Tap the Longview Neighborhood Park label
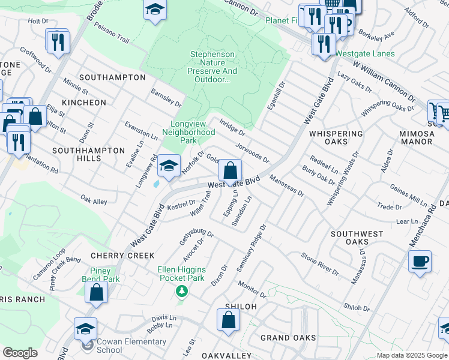188,132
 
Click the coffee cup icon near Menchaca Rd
420,261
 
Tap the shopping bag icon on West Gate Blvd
230,171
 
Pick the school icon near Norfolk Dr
169,166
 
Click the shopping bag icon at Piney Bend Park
96,293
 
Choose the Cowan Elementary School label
117,346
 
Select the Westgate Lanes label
365,53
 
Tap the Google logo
20,353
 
